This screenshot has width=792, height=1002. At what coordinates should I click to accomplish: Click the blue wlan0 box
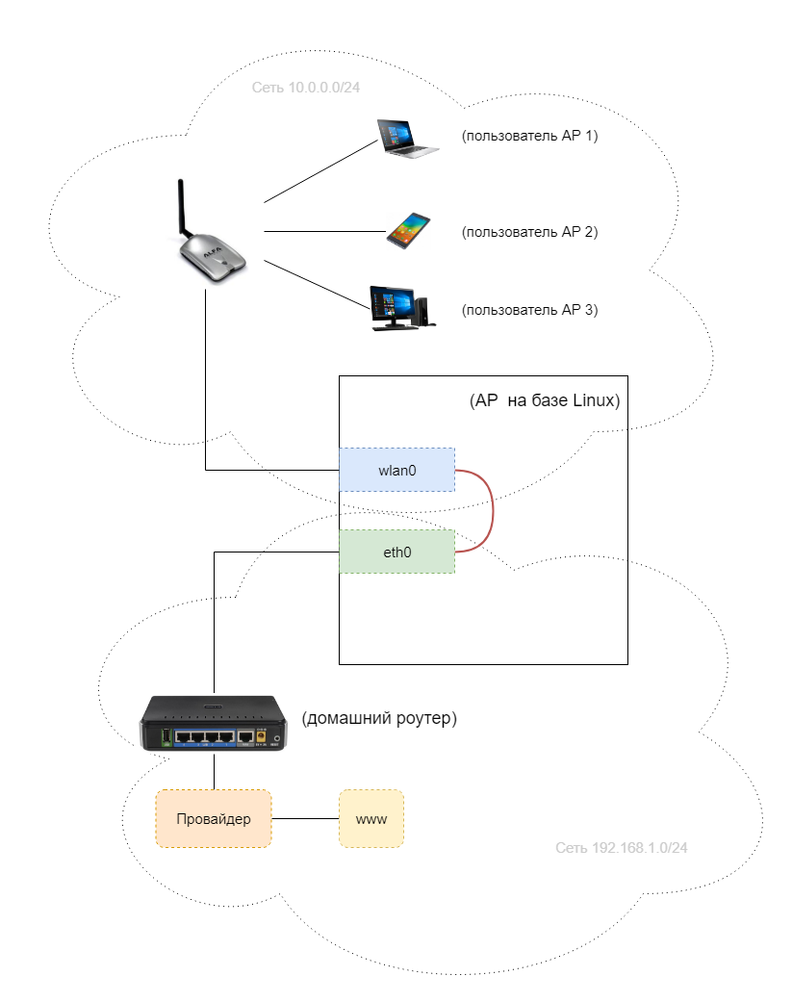click(396, 469)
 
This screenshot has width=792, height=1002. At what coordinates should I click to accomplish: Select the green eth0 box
click(396, 552)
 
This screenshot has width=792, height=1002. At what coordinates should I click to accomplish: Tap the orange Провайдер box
click(214, 819)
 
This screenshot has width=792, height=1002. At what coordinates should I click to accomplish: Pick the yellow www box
click(370, 819)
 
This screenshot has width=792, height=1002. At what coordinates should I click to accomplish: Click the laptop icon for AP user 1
click(405, 137)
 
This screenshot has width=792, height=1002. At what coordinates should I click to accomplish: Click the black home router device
click(214, 724)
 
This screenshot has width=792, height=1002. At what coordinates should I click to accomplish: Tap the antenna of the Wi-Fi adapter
click(181, 207)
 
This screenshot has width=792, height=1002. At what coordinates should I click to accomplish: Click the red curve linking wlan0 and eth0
click(493, 511)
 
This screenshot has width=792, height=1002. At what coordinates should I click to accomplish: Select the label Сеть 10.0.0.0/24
click(306, 88)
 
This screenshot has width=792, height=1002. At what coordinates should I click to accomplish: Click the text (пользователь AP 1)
click(529, 137)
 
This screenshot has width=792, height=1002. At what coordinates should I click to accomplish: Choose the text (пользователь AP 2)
click(529, 232)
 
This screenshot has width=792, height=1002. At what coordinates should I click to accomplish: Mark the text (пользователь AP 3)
click(529, 310)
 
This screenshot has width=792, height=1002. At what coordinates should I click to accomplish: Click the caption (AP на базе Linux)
click(544, 400)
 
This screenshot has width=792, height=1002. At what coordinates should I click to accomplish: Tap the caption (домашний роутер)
click(378, 718)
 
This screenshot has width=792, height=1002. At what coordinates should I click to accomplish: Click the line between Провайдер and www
click(305, 819)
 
